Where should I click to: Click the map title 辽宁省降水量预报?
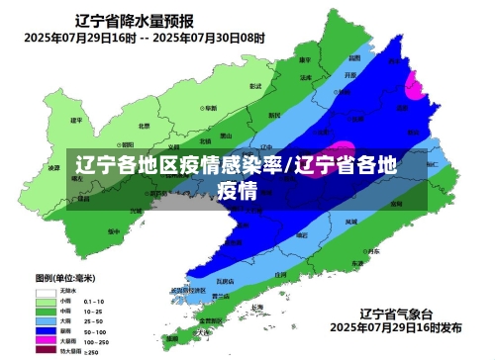138,20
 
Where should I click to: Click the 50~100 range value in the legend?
95,331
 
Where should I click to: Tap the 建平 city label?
75,120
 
